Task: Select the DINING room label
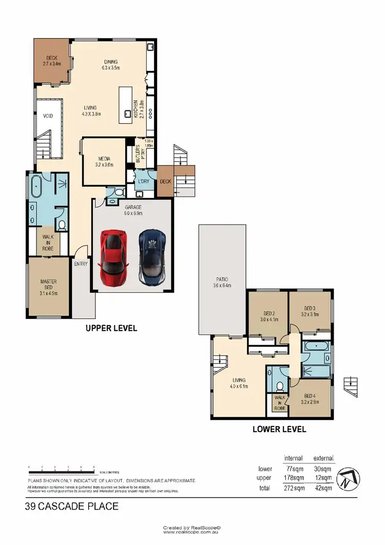click(x=110, y=65)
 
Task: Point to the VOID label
click(x=48, y=116)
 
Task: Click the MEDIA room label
click(x=104, y=161)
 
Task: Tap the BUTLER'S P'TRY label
click(x=138, y=153)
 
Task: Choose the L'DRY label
click(x=143, y=182)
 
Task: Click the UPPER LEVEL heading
click(x=111, y=328)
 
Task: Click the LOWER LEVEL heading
click(x=279, y=429)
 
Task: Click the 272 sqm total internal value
click(x=293, y=488)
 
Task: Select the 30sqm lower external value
click(x=323, y=468)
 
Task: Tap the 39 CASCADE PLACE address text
click(x=72, y=506)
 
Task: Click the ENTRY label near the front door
click(x=81, y=264)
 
